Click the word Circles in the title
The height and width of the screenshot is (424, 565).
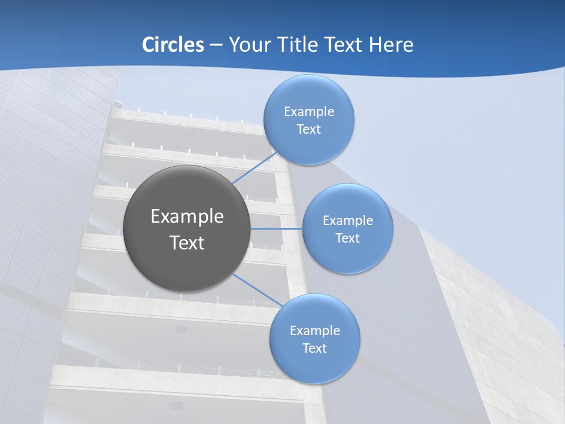point(173,45)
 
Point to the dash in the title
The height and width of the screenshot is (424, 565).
point(216,45)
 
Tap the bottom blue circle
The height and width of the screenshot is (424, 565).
point(314,365)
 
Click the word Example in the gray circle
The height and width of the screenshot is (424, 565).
point(187,217)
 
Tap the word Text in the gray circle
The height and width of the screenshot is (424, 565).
point(187,243)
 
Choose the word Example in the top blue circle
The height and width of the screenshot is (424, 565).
point(309,112)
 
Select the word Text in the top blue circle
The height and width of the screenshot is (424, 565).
point(308,130)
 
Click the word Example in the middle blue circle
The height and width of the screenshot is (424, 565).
point(348,221)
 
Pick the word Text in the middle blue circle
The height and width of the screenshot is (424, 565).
point(347,238)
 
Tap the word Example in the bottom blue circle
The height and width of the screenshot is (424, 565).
point(315,331)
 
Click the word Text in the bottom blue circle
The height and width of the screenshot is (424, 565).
point(314,349)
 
